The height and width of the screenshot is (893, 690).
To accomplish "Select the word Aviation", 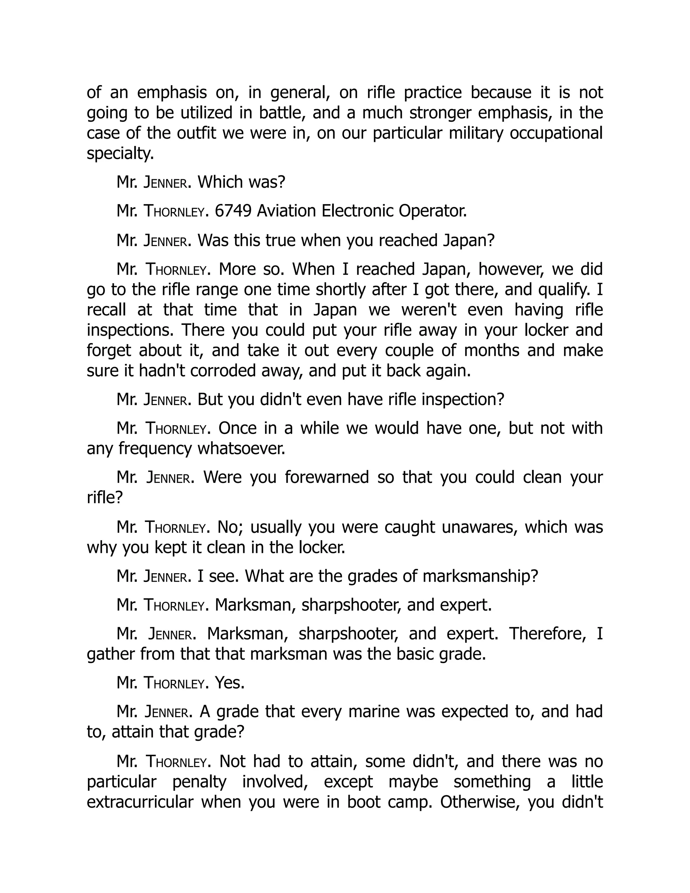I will click(286, 211).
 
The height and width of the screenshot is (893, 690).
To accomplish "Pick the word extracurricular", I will click(140, 802).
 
